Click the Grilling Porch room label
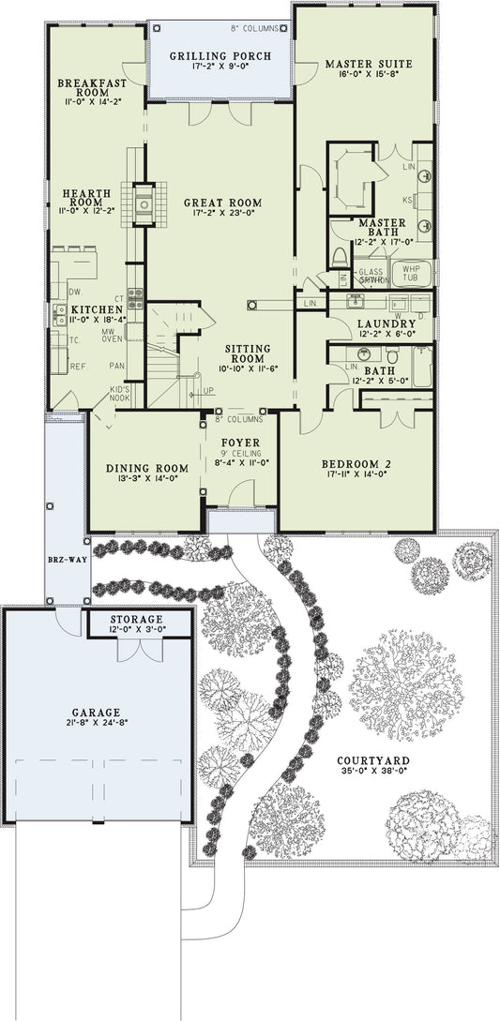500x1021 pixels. [x=220, y=56]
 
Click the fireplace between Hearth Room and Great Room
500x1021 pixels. [x=144, y=203]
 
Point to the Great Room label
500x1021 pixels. [x=222, y=203]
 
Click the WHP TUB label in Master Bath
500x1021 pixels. [x=411, y=273]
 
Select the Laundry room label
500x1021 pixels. [x=380, y=324]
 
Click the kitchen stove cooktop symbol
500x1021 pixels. [x=135, y=298]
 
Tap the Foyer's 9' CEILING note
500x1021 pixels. [x=240, y=452]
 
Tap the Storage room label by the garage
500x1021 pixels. [x=137, y=620]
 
